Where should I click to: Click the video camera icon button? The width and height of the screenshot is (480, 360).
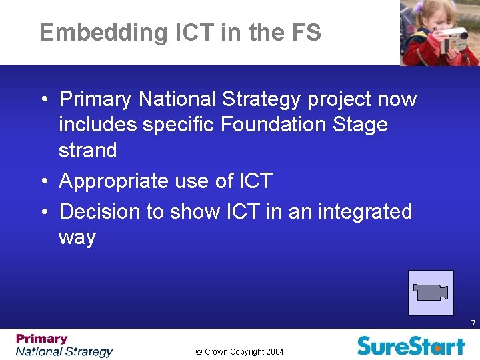click(x=431, y=292)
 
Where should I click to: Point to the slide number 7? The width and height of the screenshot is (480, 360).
click(x=473, y=323)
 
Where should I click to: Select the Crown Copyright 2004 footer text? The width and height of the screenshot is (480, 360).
click(x=240, y=351)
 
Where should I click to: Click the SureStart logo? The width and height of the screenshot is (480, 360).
click(x=411, y=345)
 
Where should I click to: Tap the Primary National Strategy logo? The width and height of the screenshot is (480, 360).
click(x=64, y=345)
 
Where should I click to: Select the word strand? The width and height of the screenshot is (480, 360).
click(x=87, y=150)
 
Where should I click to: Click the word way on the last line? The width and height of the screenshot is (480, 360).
click(x=77, y=238)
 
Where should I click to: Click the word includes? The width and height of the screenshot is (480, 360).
click(x=99, y=125)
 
